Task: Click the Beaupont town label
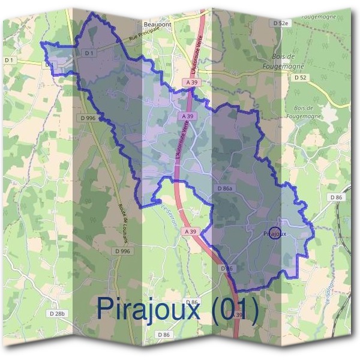[158, 25]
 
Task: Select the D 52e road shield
[281, 23]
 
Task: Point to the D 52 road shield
[301, 77]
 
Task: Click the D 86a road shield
[224, 188]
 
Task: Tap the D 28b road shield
[58, 313]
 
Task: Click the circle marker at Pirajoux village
[274, 233]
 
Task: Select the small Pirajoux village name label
[275, 233]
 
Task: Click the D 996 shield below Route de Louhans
[121, 251]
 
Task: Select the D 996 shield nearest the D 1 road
[88, 118]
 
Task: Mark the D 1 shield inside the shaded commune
[89, 53]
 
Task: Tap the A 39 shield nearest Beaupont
[193, 82]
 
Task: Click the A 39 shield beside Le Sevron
[191, 231]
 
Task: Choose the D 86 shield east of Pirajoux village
[336, 197]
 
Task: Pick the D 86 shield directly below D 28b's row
[163, 334]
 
